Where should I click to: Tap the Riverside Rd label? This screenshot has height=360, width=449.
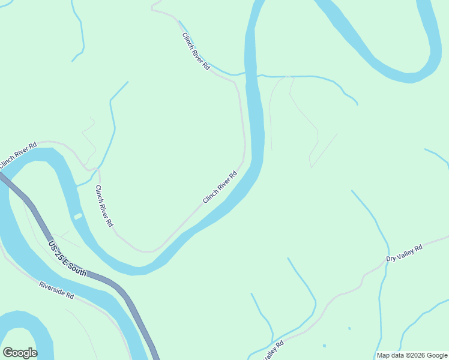[x=56, y=290]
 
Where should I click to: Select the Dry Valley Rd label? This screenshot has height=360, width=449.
[x=405, y=253]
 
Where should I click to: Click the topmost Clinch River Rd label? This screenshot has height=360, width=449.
[x=196, y=51]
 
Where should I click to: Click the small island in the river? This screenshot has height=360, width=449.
[x=77, y=216]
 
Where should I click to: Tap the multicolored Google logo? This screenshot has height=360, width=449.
[x=20, y=353]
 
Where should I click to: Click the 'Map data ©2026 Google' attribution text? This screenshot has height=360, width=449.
[x=412, y=355]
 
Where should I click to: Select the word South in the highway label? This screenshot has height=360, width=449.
[x=77, y=268]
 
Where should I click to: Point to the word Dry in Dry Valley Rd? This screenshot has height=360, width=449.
[x=391, y=259]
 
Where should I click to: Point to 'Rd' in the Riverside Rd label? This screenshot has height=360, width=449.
[x=70, y=296]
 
